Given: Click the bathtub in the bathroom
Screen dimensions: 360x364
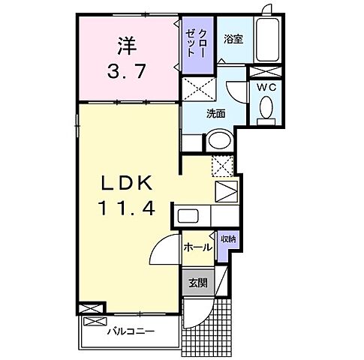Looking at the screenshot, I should coord(266,39).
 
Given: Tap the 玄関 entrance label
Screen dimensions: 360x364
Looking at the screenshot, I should coord(197,283).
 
